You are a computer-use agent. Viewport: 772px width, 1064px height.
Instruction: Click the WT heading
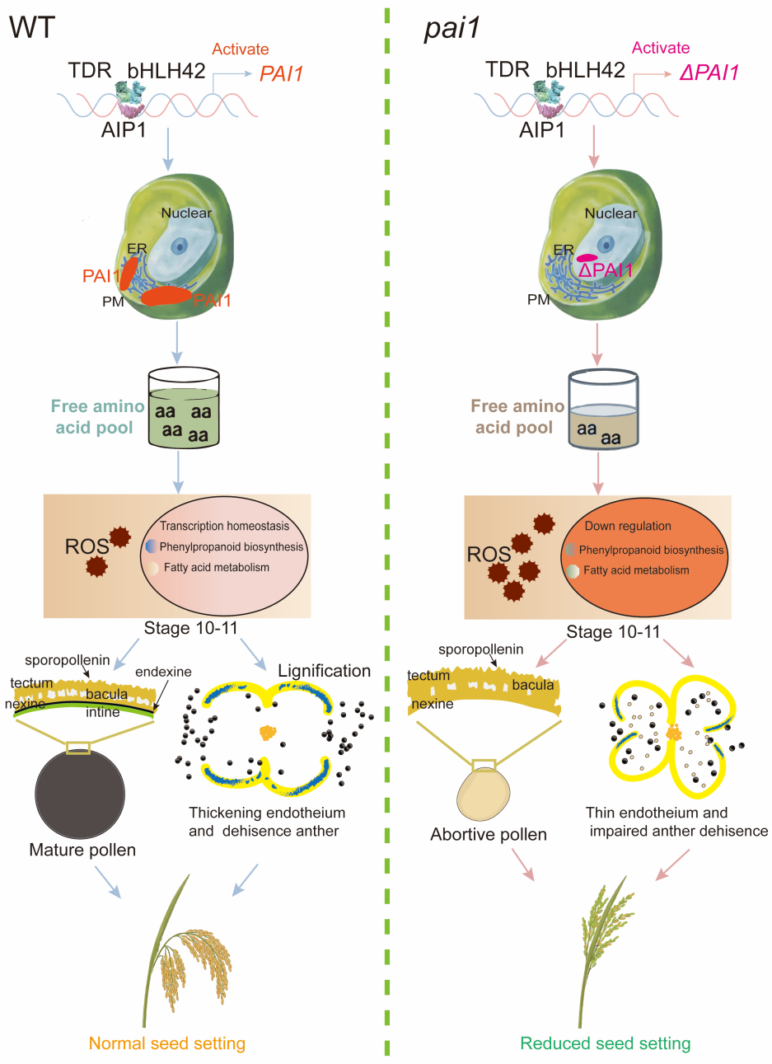click(32, 27)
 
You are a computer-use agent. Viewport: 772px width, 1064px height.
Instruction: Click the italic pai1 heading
click(452, 29)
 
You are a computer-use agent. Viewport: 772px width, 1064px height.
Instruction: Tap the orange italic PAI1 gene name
click(281, 73)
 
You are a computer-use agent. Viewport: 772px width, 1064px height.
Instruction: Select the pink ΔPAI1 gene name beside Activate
click(709, 73)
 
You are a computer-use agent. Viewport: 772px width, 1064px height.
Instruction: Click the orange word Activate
click(241, 49)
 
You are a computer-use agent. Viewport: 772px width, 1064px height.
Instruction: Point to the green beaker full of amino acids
click(184, 407)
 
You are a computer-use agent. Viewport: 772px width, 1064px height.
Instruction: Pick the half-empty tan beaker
click(603, 409)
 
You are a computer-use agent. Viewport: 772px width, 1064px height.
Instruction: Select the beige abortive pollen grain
click(484, 794)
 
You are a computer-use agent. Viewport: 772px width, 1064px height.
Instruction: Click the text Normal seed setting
click(167, 1043)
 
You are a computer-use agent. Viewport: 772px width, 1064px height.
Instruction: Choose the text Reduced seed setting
click(606, 1043)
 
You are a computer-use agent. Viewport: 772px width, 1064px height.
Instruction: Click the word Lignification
click(325, 671)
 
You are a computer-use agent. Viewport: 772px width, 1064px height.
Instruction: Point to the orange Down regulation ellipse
click(644, 556)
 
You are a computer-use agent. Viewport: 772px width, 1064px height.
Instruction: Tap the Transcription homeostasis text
click(224, 526)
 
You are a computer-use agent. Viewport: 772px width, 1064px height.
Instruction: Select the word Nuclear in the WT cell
click(186, 213)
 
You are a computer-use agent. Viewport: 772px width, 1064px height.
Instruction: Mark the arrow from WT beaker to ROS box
click(178, 472)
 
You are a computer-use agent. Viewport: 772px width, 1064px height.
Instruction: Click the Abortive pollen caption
click(489, 835)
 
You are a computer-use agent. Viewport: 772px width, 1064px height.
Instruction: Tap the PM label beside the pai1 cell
click(538, 299)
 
